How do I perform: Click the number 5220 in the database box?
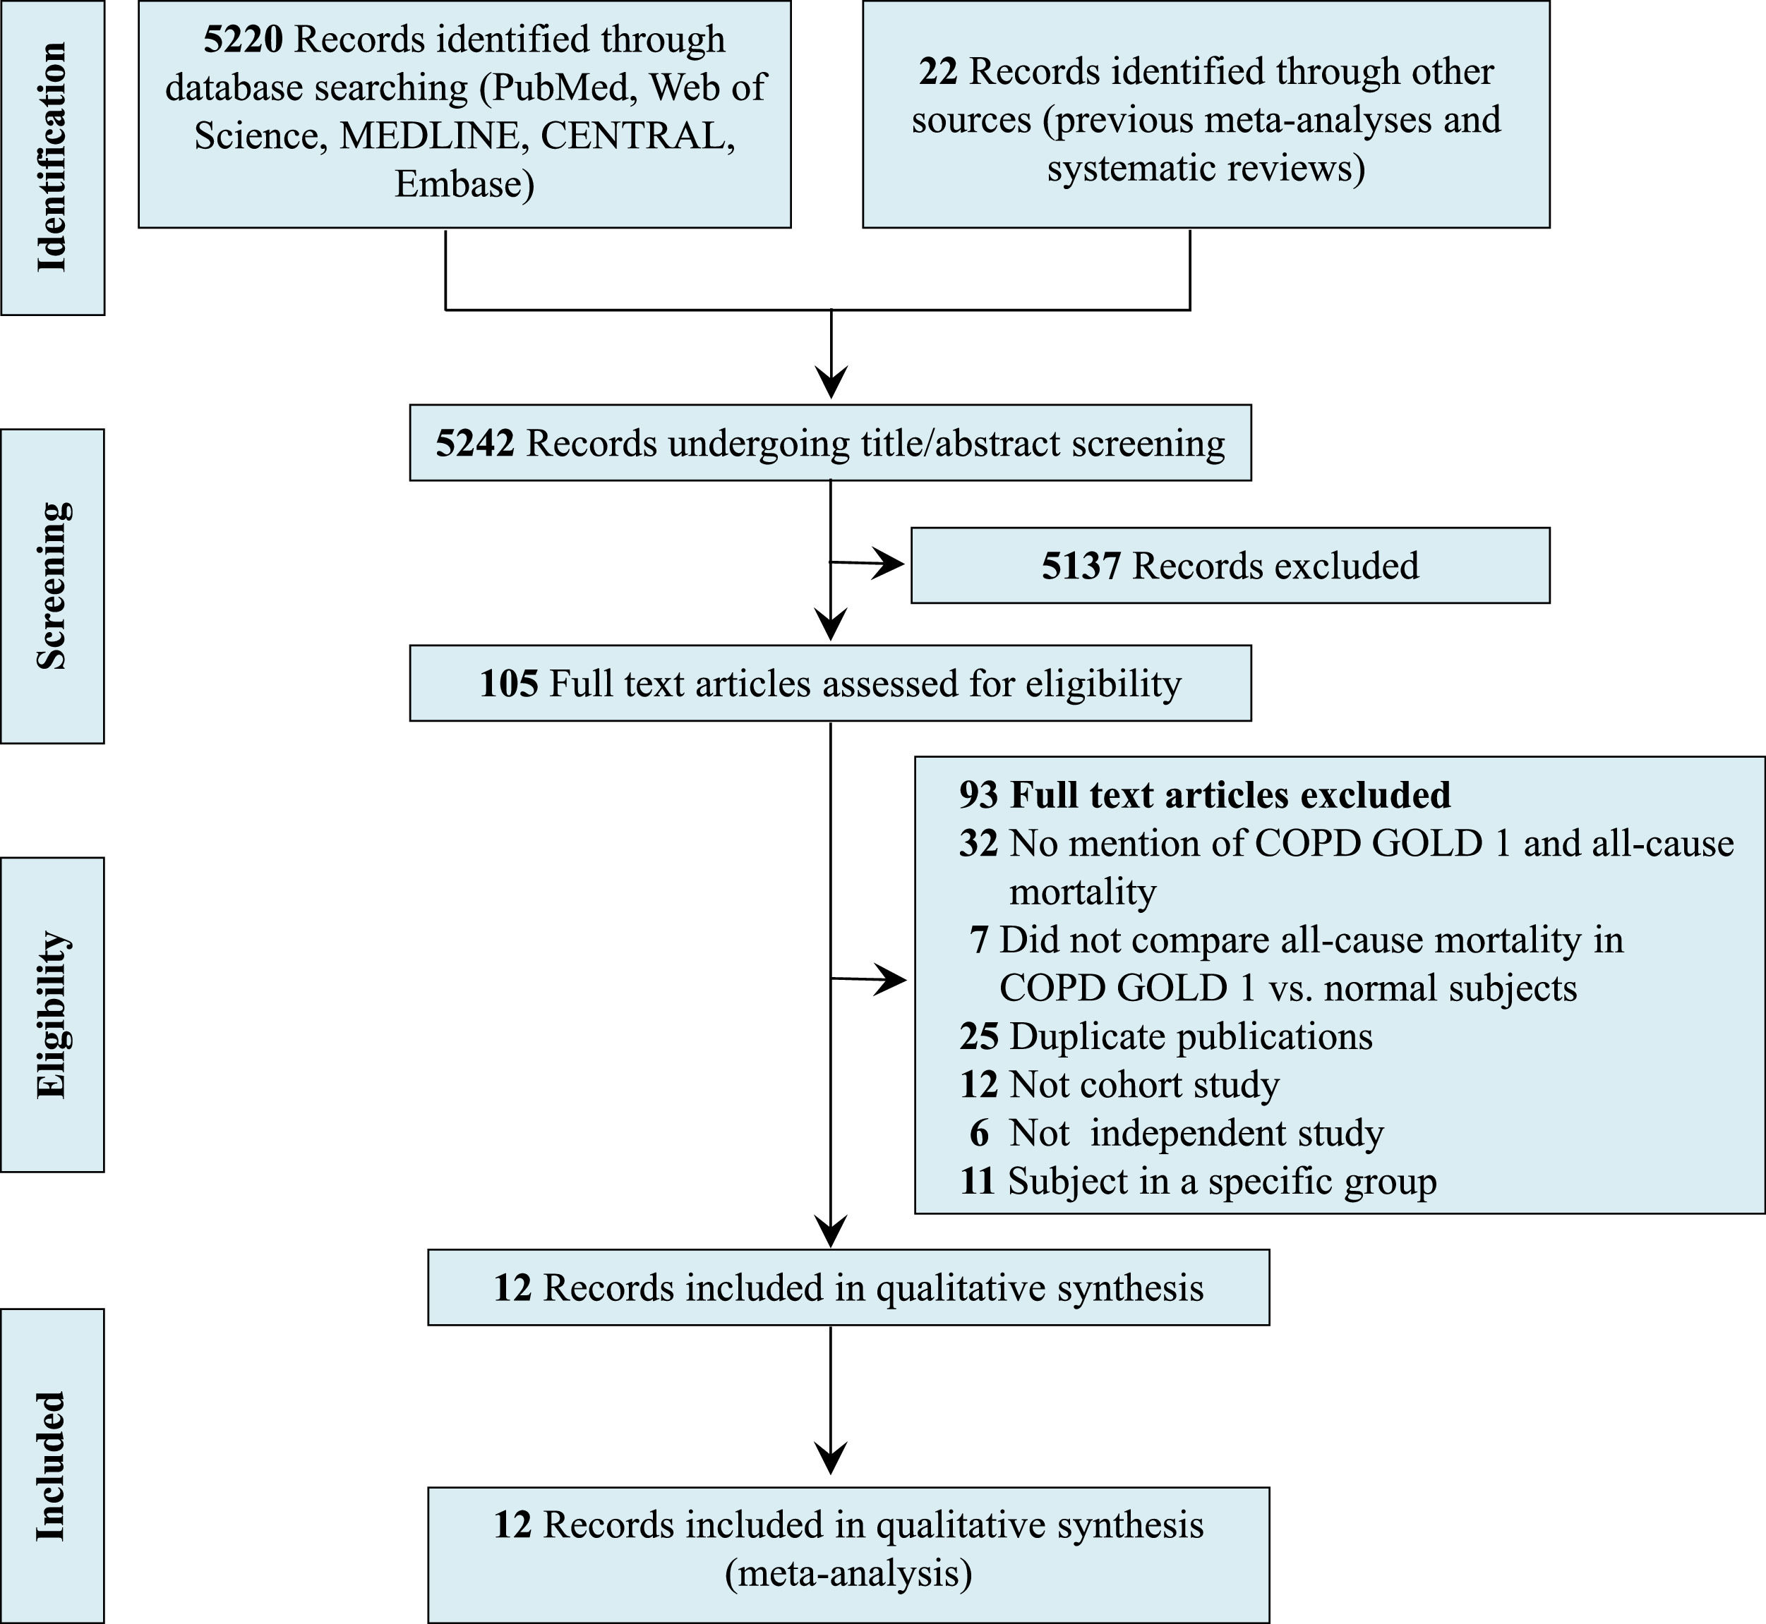[x=244, y=40]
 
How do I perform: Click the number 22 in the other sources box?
[x=938, y=71]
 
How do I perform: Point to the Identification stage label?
[x=52, y=157]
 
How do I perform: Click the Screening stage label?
[x=52, y=586]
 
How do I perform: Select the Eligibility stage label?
[x=52, y=1014]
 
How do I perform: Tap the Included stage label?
[x=52, y=1466]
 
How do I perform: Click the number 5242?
[x=475, y=443]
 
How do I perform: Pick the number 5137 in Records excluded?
[x=1081, y=566]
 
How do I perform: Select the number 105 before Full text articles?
[x=508, y=684]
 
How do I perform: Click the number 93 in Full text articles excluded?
[x=978, y=794]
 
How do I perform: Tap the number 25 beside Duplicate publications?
[x=978, y=1036]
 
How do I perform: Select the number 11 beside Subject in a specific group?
[x=977, y=1181]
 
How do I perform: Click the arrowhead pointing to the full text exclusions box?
[x=891, y=979]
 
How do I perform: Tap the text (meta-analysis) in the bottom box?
[x=848, y=1573]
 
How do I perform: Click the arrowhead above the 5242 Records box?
[x=831, y=383]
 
